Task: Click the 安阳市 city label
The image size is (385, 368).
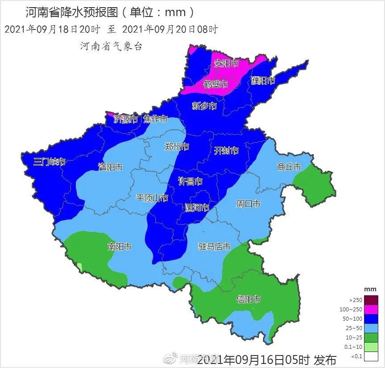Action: [226, 63]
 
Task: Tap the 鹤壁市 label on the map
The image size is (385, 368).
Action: [216, 84]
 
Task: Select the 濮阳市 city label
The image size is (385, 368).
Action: [263, 81]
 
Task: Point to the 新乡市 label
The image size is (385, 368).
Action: [204, 106]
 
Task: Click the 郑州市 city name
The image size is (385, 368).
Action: [177, 147]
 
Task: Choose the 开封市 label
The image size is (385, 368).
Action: [226, 150]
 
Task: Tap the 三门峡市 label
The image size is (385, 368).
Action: [50, 161]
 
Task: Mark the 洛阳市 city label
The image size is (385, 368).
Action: [110, 167]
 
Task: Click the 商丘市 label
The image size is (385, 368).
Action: [289, 167]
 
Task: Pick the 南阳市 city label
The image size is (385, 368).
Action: [120, 246]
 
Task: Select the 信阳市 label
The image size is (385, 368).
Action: [248, 299]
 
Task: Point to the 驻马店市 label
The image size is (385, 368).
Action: [214, 247]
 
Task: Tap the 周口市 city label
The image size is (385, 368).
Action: [248, 203]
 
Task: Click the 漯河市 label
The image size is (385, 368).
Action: [197, 208]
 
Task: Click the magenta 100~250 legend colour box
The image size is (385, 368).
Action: [371, 309]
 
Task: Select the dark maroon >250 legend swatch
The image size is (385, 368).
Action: [371, 300]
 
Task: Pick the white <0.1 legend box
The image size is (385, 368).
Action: [371, 356]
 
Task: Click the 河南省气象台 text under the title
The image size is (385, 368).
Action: [111, 46]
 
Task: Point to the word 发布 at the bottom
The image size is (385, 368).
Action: [324, 360]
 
